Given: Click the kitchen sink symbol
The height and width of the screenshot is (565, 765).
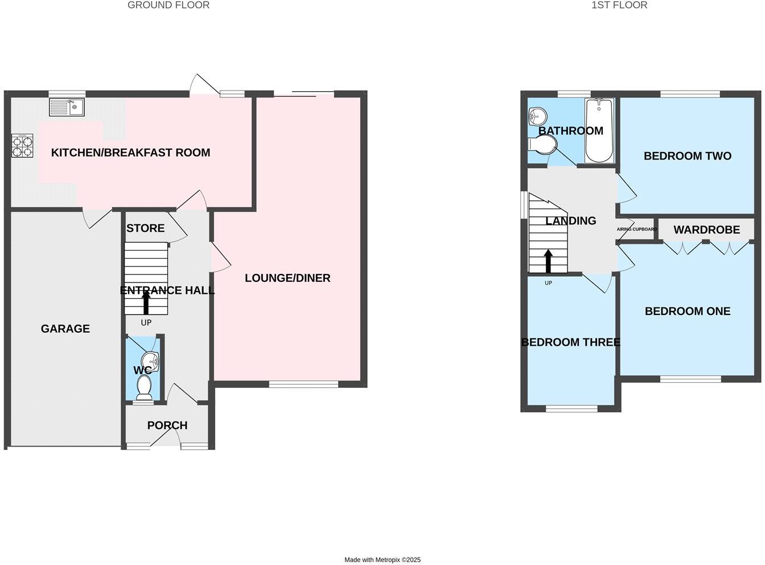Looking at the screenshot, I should coord(67,107).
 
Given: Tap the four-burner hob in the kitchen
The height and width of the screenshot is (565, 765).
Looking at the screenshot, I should coord(22,145).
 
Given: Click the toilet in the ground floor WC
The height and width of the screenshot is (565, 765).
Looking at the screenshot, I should coord(144,388).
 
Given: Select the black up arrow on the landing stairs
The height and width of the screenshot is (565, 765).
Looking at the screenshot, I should coord(548,261).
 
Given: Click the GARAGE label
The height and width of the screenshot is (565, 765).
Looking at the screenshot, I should coord(65,329).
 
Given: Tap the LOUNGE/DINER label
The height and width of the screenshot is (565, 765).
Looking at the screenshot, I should coord(287,278).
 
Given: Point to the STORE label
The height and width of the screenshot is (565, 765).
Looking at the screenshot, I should coord(146,228).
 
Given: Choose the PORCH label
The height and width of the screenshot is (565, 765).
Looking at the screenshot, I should coord(167,425).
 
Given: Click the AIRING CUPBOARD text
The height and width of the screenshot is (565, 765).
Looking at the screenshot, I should coord(636,229).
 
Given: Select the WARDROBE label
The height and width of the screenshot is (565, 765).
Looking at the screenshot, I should coord(706,230).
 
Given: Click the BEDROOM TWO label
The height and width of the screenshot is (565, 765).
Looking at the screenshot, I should coord(687,156).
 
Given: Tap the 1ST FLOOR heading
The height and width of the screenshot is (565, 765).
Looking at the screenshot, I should coord(619,5).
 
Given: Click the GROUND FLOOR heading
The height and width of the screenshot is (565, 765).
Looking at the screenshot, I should coord(168,5).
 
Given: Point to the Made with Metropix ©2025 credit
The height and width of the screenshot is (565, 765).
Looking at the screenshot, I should coord(382,560).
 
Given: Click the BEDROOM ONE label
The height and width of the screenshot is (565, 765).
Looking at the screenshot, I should coord(687,311).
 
